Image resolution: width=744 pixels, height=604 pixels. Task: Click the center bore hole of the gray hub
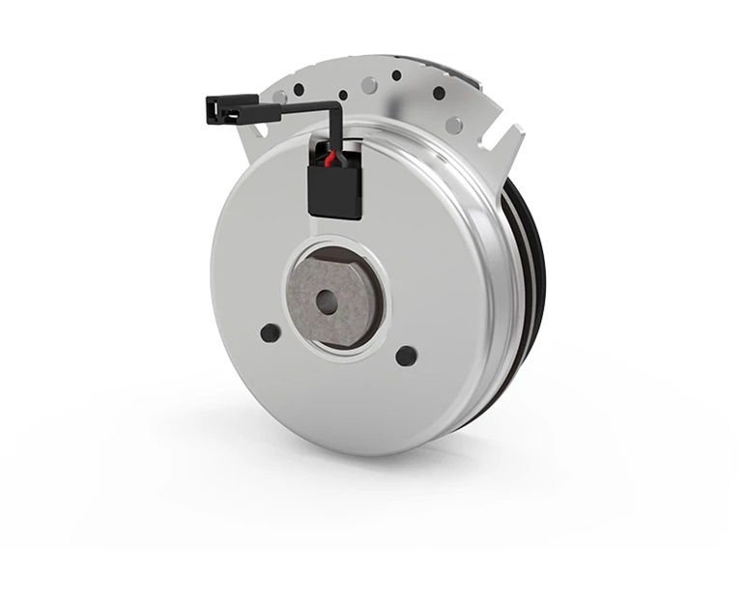pyautogui.click(x=328, y=302)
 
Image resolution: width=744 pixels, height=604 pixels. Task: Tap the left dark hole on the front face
pyautogui.click(x=271, y=332)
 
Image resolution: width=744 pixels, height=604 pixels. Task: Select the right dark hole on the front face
pyautogui.click(x=406, y=355)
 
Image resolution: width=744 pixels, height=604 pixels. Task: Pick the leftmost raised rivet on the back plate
pyautogui.click(x=279, y=98)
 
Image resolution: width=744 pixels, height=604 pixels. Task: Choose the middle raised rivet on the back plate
pyautogui.click(x=369, y=86)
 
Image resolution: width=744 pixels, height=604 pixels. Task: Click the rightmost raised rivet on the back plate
pyautogui.click(x=453, y=125)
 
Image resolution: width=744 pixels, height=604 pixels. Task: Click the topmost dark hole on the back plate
pyautogui.click(x=396, y=74)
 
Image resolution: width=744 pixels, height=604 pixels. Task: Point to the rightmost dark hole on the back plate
pyautogui.click(x=439, y=93)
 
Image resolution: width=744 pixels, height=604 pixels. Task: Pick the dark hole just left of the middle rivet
pyautogui.click(x=343, y=96)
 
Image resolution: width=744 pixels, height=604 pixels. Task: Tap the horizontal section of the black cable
pyautogui.click(x=295, y=108)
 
